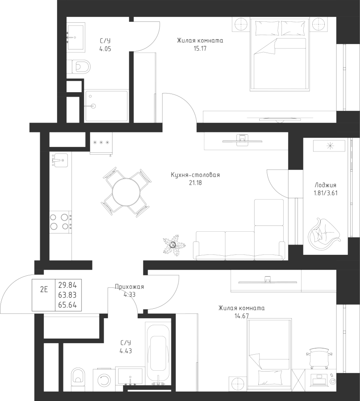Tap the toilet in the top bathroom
[x=79, y=67]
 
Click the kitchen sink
[x=59, y=159]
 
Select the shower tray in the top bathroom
[x=106, y=106]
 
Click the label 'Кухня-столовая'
[x=195, y=175]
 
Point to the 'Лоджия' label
[x=325, y=185]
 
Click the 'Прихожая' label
[x=129, y=287]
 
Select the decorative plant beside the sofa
[x=173, y=246]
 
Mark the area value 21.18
[x=195, y=183]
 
